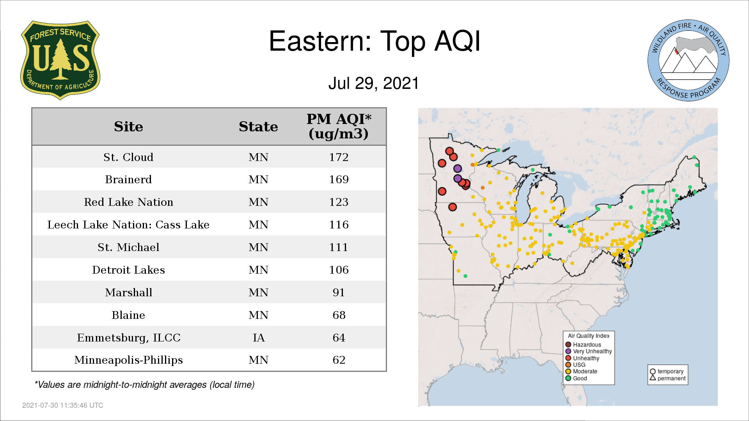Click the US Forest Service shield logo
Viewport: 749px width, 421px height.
pos(60,60)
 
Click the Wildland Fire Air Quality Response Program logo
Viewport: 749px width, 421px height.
pos(689,60)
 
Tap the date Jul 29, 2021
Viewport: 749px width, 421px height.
pos(373,83)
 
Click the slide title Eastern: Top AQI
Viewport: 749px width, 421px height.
pos(374,41)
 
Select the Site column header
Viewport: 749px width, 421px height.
pos(128,127)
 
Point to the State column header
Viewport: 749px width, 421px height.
pos(258,127)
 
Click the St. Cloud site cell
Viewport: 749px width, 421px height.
pos(128,157)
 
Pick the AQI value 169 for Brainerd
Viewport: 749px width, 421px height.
pos(339,179)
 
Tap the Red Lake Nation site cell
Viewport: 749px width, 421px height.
pos(128,202)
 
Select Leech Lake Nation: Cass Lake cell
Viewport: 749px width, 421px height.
pos(128,225)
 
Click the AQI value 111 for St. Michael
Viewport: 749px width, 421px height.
pos(339,247)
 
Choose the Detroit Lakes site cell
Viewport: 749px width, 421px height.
pos(128,270)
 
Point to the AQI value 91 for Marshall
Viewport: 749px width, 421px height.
pos(339,292)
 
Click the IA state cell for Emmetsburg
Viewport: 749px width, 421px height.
pos(258,338)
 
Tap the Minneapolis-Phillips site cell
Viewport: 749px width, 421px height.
pos(128,360)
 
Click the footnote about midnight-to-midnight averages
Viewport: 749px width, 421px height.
pos(144,385)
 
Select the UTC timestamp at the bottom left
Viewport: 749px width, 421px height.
pos(63,405)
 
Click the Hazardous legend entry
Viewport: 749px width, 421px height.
pos(583,345)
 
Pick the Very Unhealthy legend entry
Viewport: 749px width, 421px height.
pos(589,351)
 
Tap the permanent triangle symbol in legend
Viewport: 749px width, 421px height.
pos(653,377)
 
